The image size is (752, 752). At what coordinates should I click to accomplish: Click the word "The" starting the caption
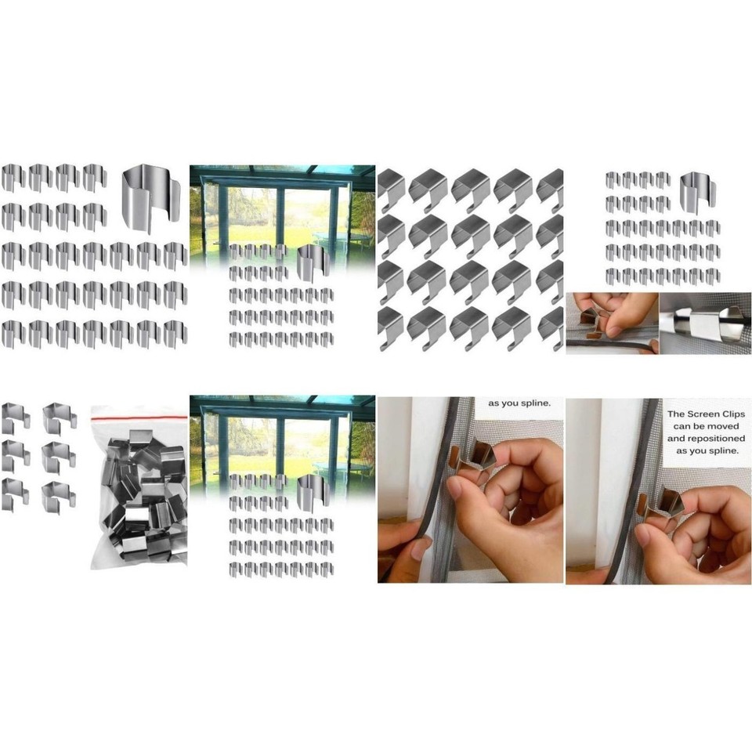click(675, 412)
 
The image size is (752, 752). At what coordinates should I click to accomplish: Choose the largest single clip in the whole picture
click(150, 193)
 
